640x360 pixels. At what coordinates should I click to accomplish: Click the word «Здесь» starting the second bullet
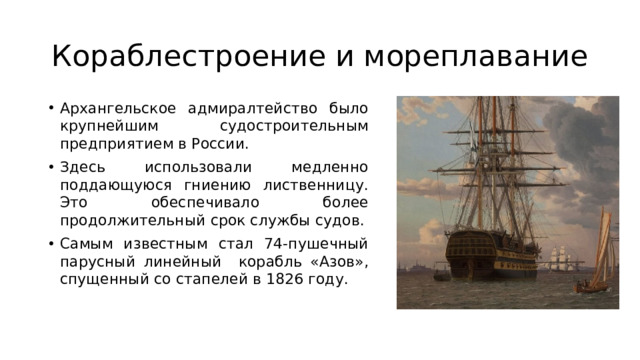pos(82,166)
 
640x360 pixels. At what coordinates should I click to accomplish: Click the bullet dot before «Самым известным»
pos(50,243)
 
